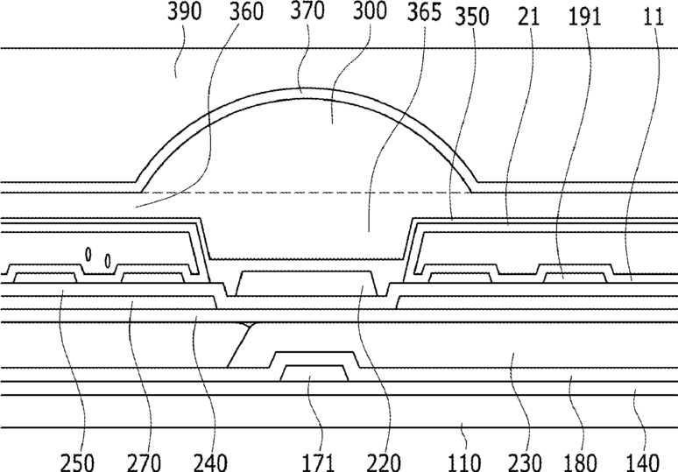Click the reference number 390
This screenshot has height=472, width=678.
(185, 11)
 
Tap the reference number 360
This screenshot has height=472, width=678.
(246, 11)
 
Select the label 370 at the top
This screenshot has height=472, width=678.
(307, 11)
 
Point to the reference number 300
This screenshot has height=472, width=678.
(370, 11)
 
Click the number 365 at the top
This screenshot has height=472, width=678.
(424, 12)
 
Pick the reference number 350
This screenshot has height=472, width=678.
(472, 17)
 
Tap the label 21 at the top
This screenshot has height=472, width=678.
(529, 17)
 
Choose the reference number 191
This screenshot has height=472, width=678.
(584, 17)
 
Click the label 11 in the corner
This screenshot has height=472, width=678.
(653, 17)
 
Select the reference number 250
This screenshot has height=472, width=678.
(76, 462)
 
